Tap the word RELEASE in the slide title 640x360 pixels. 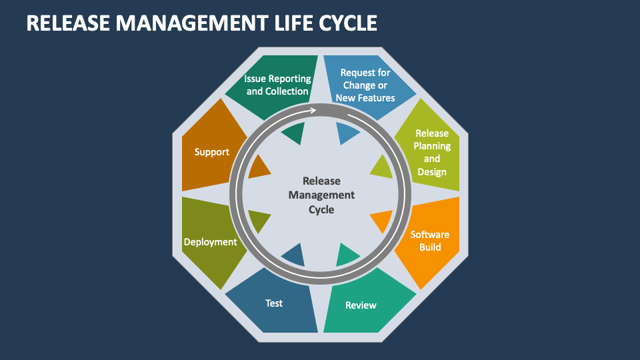click(x=65, y=23)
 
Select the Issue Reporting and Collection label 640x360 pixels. click(x=277, y=85)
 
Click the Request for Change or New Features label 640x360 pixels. click(x=365, y=85)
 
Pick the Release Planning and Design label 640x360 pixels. click(x=432, y=152)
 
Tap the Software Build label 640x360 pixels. click(x=429, y=241)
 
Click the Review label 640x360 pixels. click(x=361, y=305)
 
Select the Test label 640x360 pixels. click(x=274, y=303)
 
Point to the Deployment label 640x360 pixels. click(x=210, y=242)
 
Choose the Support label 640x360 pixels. click(x=211, y=152)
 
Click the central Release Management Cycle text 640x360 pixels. click(x=321, y=195)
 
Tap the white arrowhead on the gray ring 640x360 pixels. click(x=312, y=109)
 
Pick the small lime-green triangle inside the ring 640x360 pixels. click(x=382, y=167)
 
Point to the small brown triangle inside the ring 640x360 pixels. click(x=259, y=167)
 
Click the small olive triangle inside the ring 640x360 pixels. click(x=259, y=220)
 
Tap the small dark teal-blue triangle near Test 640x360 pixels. click(x=294, y=254)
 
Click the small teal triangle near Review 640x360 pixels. click(x=347, y=255)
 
